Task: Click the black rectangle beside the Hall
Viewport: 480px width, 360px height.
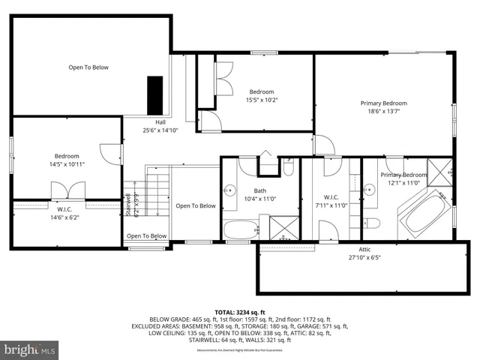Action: click(154, 92)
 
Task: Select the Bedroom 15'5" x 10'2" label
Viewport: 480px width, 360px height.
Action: click(262, 96)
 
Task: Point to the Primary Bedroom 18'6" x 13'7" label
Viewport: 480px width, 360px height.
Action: click(383, 107)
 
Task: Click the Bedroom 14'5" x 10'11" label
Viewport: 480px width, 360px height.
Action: click(66, 160)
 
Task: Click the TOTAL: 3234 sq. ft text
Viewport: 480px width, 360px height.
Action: click(240, 311)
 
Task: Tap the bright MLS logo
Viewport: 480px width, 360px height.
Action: click(30, 349)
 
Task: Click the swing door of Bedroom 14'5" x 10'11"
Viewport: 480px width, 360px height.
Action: click(111, 153)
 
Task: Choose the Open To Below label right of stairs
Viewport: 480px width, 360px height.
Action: click(195, 205)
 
